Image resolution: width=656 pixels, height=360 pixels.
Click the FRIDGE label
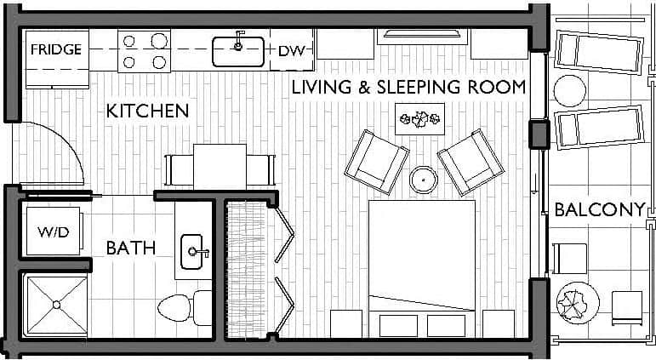(x=56, y=49)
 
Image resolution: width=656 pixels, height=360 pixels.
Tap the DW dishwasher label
(x=290, y=51)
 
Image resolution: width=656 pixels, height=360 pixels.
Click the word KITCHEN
(x=147, y=111)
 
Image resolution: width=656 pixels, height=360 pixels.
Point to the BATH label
(x=130, y=249)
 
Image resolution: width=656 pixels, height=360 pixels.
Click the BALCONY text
(x=599, y=210)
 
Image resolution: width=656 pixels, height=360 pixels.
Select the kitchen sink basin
(x=238, y=52)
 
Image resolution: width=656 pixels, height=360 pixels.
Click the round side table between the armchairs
(x=423, y=180)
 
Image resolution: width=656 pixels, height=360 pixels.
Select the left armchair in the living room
(x=376, y=162)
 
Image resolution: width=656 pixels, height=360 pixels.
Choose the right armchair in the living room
(x=469, y=161)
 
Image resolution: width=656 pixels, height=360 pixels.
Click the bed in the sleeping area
(x=421, y=255)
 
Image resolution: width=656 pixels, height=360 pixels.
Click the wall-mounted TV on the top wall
(x=422, y=35)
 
